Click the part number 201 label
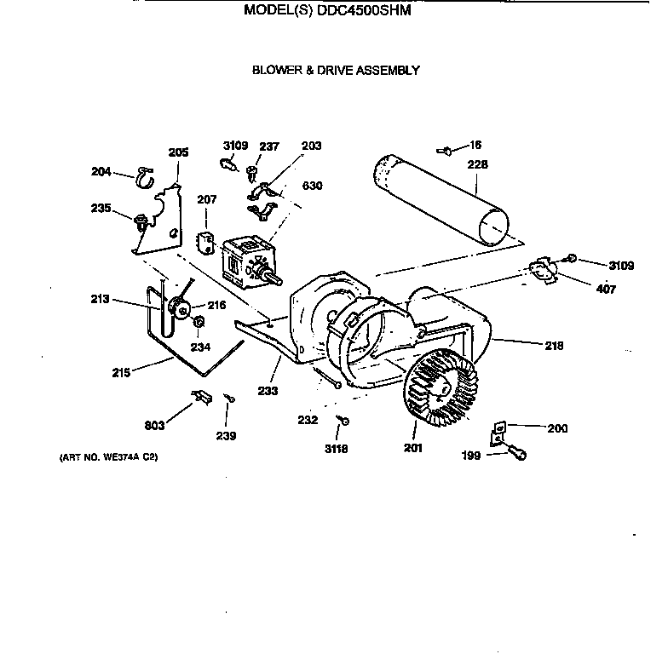point(412,448)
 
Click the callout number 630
point(312,186)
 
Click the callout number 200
point(556,428)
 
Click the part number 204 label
point(101,171)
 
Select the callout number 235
point(101,208)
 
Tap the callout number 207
point(207,199)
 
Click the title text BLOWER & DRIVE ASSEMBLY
point(335,71)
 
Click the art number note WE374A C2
point(108,457)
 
